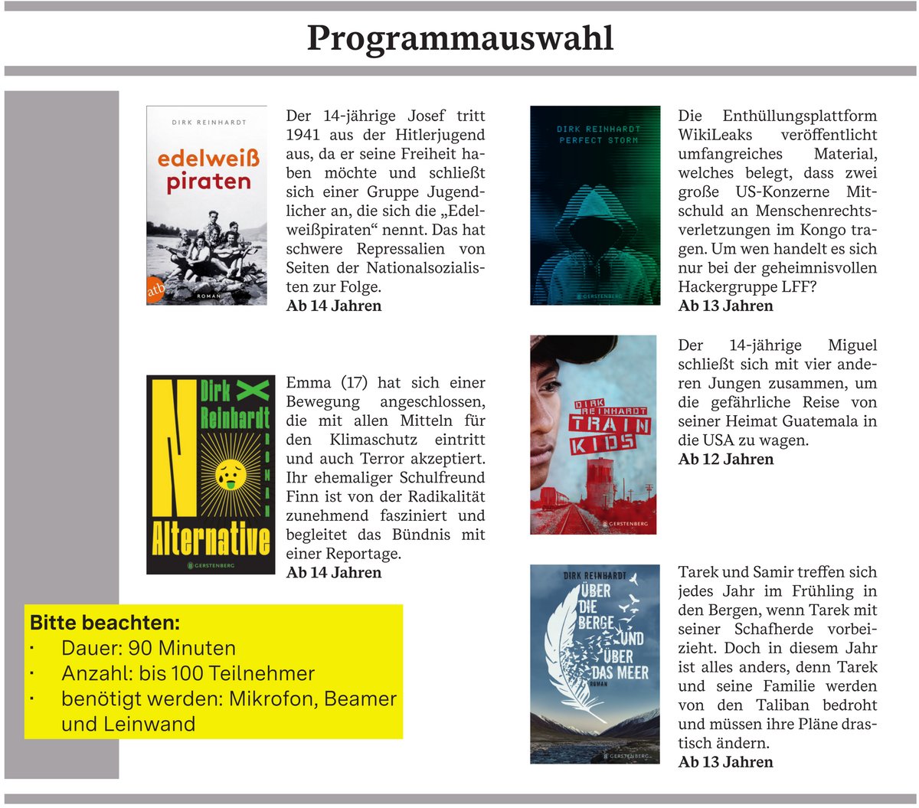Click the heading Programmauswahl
point(459,38)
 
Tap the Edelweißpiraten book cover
point(207,205)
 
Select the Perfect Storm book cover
point(595,205)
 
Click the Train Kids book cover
point(593,434)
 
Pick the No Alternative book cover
point(210,475)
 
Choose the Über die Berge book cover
point(594,664)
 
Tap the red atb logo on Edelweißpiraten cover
point(155,288)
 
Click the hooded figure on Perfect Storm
point(594,230)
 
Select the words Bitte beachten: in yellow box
point(105,623)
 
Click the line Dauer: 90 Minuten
point(148,648)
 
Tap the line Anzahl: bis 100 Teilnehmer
point(188,673)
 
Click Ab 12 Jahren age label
point(726,460)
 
